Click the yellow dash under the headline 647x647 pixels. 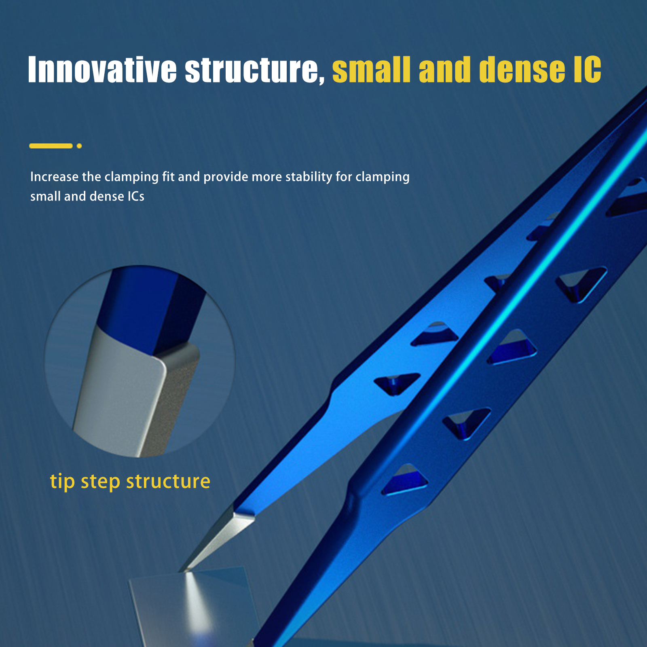pyautogui.click(x=51, y=146)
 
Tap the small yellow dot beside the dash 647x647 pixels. pyautogui.click(x=79, y=146)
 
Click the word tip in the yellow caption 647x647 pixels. pyautogui.click(x=62, y=481)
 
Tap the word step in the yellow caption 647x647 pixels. pyautogui.click(x=100, y=482)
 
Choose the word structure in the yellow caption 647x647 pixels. pyautogui.click(x=168, y=481)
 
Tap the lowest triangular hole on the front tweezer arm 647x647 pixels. pyautogui.click(x=404, y=480)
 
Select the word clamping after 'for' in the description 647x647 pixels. pyautogui.click(x=383, y=177)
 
